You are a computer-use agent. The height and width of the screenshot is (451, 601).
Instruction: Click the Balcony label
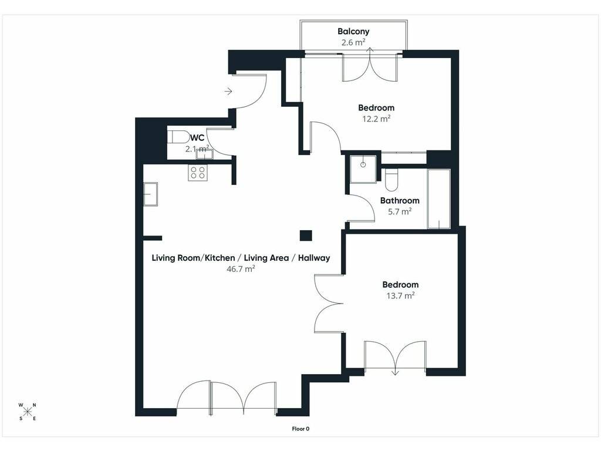tap(353, 32)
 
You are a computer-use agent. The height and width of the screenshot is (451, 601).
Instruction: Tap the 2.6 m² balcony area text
tap(353, 42)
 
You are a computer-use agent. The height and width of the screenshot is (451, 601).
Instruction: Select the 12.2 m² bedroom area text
tap(376, 119)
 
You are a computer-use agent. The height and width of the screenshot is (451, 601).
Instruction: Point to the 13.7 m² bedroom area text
tap(400, 296)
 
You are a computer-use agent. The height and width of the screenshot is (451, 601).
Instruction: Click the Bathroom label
tap(399, 200)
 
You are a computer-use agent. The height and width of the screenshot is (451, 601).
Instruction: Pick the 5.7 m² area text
tap(399, 211)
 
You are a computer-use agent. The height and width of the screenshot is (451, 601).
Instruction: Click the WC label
tap(197, 138)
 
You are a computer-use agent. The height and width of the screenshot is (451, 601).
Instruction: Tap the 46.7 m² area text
tap(240, 269)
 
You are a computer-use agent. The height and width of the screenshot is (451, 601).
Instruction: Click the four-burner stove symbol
tap(198, 173)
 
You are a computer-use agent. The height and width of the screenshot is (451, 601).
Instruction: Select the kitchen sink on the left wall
tap(151, 194)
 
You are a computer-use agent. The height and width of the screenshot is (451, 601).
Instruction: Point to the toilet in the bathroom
tap(391, 180)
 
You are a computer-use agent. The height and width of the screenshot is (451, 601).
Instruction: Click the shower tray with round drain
tap(363, 169)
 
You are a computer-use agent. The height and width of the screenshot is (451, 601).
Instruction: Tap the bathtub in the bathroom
tap(438, 199)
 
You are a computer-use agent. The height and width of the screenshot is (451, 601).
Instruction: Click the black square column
tap(306, 235)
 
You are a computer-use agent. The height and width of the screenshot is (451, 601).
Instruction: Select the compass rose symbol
tap(28, 412)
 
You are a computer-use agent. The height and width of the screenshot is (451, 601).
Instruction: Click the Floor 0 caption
tap(300, 429)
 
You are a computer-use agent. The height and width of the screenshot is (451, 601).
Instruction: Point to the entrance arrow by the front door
tap(228, 91)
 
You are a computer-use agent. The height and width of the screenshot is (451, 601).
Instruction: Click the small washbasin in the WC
tap(204, 154)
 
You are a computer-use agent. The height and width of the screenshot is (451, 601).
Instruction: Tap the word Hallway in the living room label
tap(314, 258)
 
